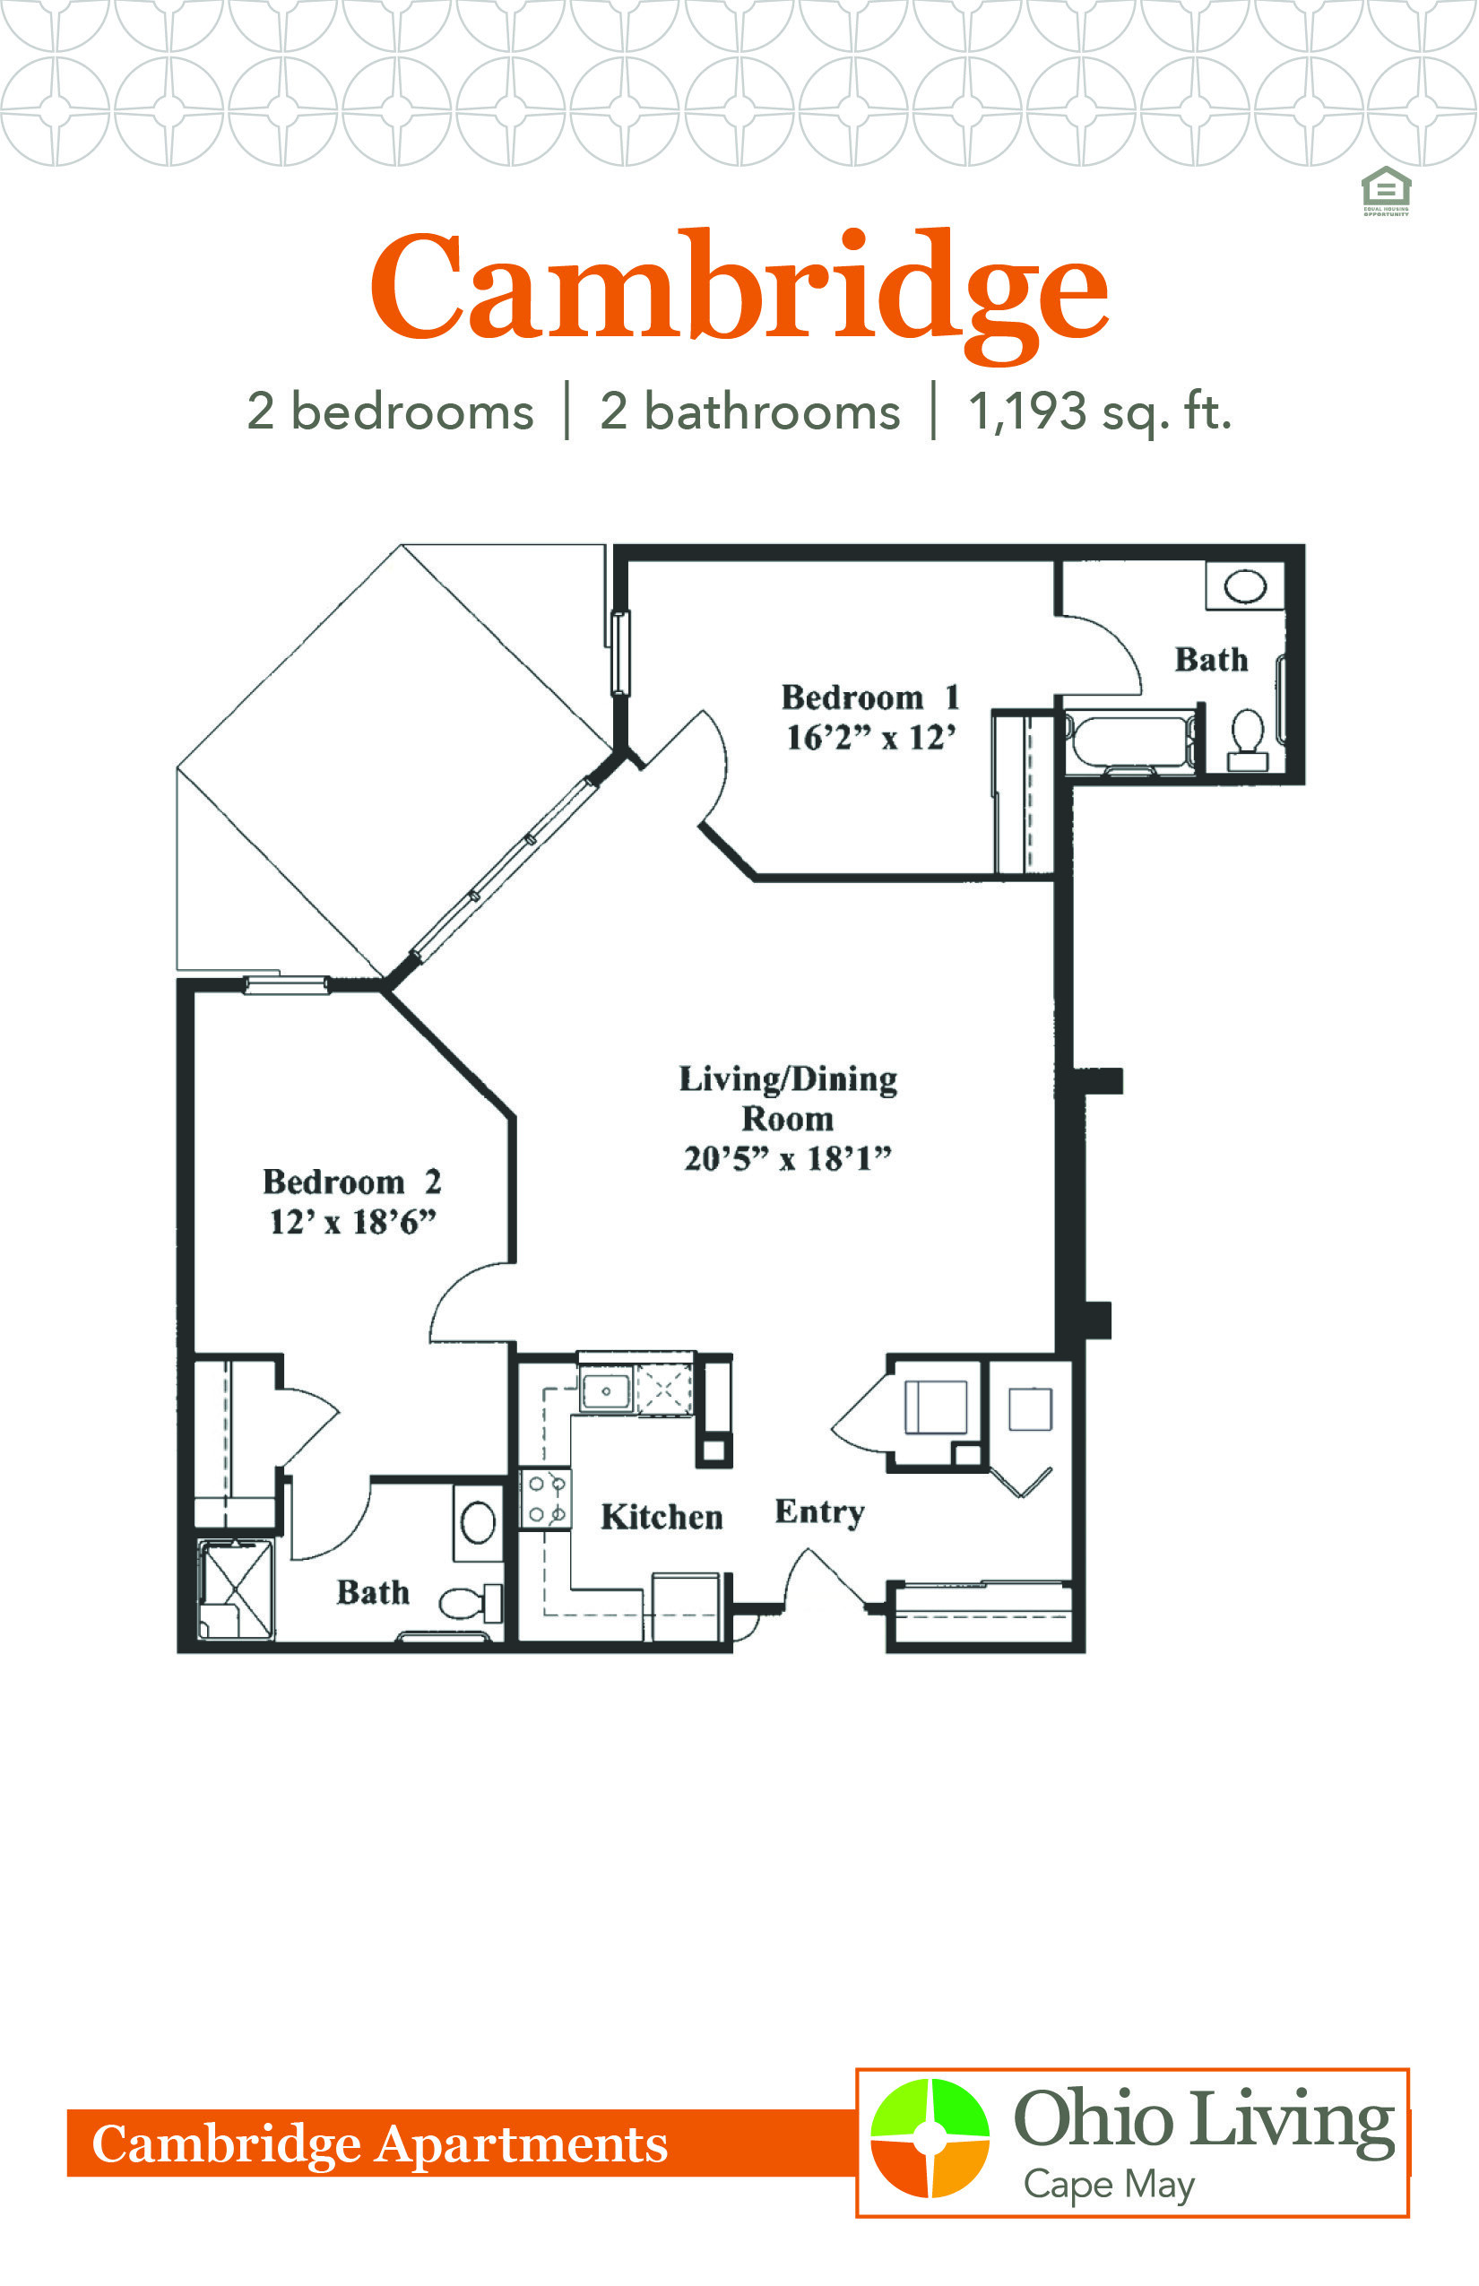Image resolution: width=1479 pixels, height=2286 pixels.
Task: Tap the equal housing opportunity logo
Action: click(x=1386, y=191)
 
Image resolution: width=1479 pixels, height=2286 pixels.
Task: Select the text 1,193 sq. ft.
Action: click(x=1099, y=412)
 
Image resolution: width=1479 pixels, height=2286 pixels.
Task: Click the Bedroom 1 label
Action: click(x=870, y=697)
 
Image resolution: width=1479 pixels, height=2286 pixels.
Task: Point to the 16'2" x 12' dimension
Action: click(x=871, y=738)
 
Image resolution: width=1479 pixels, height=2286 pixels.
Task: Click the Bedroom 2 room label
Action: click(x=352, y=1182)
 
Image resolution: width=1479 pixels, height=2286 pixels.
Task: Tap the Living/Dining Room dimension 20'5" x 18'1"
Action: click(x=788, y=1158)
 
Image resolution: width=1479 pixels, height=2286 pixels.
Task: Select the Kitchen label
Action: click(x=662, y=1517)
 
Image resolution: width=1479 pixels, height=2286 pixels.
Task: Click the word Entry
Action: click(x=820, y=1511)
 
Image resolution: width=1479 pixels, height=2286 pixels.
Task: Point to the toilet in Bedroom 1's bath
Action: click(x=1248, y=740)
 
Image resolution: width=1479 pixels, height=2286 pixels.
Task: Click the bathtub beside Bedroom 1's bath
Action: click(x=1131, y=741)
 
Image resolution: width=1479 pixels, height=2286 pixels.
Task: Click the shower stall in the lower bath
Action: click(x=235, y=1589)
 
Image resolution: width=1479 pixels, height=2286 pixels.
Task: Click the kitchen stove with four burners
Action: click(x=546, y=1498)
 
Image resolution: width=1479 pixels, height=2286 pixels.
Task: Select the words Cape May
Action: click(x=1110, y=2184)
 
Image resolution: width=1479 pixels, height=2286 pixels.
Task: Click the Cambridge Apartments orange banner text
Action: click(x=379, y=2143)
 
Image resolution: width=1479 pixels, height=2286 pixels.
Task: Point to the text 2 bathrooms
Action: click(x=750, y=412)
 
